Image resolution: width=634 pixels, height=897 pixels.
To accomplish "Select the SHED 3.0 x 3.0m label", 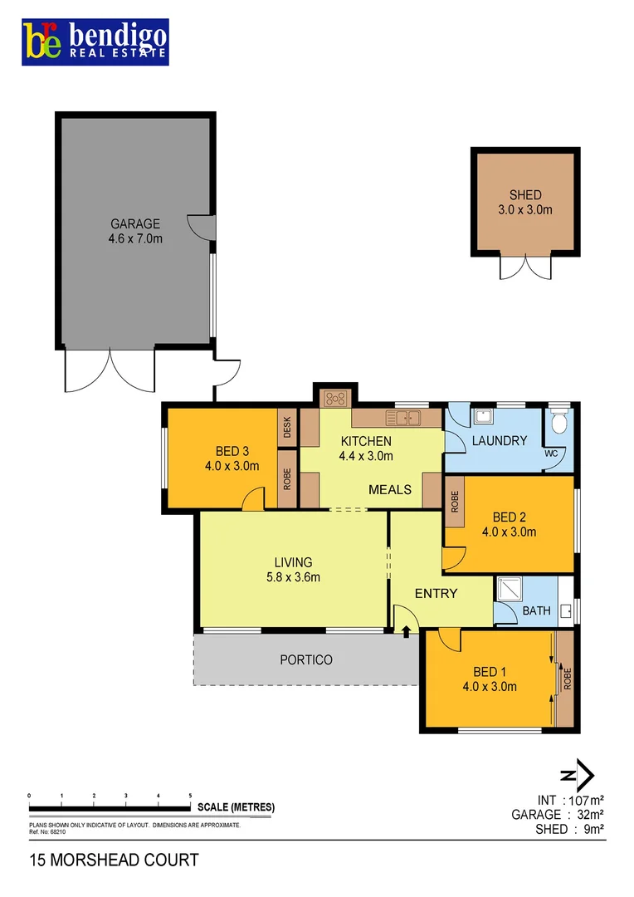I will coord(524,203).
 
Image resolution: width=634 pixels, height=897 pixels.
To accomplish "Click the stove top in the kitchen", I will coord(335,398).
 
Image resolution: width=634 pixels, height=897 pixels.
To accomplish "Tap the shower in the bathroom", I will coord(507,590).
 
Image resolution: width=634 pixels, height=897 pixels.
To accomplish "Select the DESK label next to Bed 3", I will coord(287,426).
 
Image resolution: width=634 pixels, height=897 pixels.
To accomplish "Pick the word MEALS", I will coord(390,489).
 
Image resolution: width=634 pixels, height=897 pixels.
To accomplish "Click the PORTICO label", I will coord(305,659).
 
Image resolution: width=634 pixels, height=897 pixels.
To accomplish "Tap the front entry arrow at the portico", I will coord(406,633).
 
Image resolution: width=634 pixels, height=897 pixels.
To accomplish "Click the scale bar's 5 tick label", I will coord(191,795).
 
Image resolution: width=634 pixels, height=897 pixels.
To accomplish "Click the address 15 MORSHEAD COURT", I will coord(114,860).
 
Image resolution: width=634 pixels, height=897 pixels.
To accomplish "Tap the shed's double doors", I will coord(524,267).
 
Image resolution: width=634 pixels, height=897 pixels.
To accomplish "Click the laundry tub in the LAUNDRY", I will coord(482,416).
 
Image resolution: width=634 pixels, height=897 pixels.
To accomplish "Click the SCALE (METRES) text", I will coord(236,807).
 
